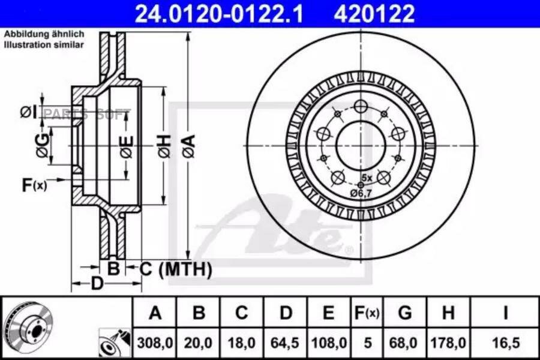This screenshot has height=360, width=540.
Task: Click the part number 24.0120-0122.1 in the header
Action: pyautogui.click(x=219, y=14)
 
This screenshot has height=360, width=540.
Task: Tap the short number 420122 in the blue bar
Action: pyautogui.click(x=374, y=14)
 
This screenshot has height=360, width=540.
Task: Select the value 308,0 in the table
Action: pyautogui.click(x=155, y=343)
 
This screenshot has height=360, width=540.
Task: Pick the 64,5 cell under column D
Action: pyautogui.click(x=285, y=343)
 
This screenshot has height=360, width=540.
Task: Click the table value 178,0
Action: pyautogui.click(x=448, y=343)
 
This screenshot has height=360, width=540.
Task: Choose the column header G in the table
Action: pyautogui.click(x=404, y=313)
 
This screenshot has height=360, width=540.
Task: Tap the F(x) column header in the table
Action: pyautogui.click(x=367, y=313)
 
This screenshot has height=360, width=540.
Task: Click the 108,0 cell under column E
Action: pyautogui.click(x=329, y=343)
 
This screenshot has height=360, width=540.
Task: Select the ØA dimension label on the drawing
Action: pyautogui.click(x=189, y=146)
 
